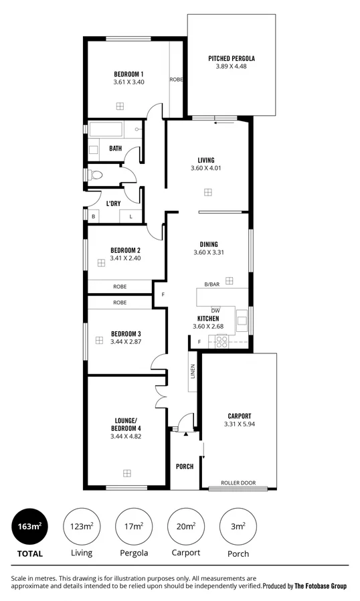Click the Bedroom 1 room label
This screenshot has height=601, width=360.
coord(128,74)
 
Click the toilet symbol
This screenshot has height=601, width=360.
coord(95,175)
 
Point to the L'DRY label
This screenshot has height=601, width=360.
coord(113,203)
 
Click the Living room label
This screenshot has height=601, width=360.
coord(206,160)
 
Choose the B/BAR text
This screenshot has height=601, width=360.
coord(212,284)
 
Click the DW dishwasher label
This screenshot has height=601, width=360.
coord(215,311)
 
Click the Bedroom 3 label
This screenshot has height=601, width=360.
coord(126,333)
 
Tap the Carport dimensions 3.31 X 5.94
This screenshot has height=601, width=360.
coord(239,424)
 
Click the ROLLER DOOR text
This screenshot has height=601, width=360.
coord(239,482)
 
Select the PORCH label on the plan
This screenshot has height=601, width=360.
coord(184,466)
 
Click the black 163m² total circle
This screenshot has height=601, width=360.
coord(29,526)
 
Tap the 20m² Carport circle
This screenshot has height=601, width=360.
coord(185,526)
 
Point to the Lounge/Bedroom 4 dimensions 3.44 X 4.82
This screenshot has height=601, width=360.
coord(126,436)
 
